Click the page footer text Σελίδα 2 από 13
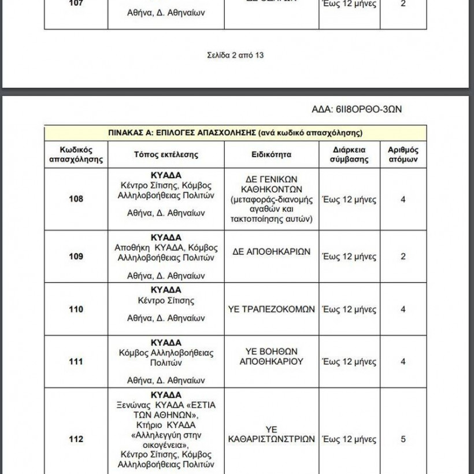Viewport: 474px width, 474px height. pyautogui.click(x=235, y=55)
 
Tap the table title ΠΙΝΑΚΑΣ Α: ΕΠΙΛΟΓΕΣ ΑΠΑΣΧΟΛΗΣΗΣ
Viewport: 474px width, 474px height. pyautogui.click(x=235, y=132)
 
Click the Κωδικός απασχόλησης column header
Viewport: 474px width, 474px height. pyautogui.click(x=76, y=155)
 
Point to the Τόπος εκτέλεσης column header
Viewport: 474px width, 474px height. pyautogui.click(x=166, y=155)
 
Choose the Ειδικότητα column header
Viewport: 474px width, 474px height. pyautogui.click(x=271, y=155)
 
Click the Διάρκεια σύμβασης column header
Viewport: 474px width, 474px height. pyautogui.click(x=349, y=155)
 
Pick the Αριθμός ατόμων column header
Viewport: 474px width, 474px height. pyautogui.click(x=403, y=155)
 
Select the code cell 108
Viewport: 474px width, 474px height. pyautogui.click(x=76, y=199)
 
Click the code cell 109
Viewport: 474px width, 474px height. pyautogui.click(x=76, y=257)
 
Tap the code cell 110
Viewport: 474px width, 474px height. pyautogui.click(x=76, y=309)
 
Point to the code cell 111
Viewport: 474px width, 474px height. pyautogui.click(x=76, y=362)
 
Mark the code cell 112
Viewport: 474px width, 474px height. pyautogui.click(x=76, y=439)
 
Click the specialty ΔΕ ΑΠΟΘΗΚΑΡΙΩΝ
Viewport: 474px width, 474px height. pyautogui.click(x=271, y=252)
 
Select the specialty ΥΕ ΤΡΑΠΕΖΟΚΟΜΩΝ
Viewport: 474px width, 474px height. pyautogui.click(x=271, y=309)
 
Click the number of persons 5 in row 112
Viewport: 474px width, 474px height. pyautogui.click(x=403, y=439)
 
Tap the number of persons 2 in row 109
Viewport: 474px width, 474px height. pyautogui.click(x=403, y=257)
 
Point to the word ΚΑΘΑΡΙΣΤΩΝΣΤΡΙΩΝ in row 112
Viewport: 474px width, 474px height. pyautogui.click(x=271, y=439)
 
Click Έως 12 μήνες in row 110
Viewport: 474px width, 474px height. pyautogui.click(x=349, y=309)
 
